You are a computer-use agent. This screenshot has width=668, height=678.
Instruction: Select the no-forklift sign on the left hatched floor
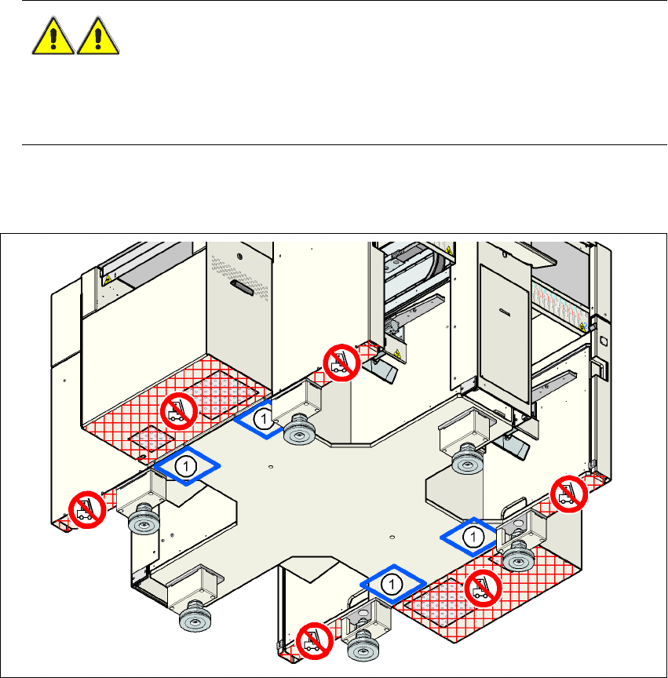click(178, 410)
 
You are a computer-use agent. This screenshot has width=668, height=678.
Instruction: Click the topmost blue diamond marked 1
click(265, 419)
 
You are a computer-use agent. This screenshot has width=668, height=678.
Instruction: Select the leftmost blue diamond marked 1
click(186, 466)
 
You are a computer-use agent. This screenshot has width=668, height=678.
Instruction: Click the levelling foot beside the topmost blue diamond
click(299, 429)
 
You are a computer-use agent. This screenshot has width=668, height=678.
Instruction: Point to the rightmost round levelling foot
click(518, 557)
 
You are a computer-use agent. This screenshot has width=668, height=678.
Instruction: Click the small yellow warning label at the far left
click(108, 278)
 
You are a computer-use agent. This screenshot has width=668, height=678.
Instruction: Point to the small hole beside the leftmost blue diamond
click(269, 468)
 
